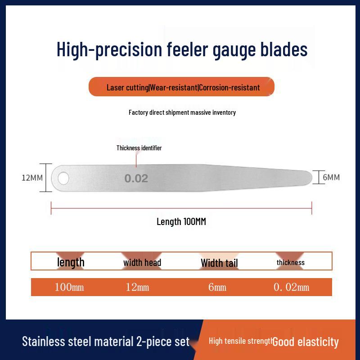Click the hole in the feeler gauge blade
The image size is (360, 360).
coord(63,178)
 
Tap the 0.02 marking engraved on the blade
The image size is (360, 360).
coord(136,179)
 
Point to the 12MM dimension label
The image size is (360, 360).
coord(32,177)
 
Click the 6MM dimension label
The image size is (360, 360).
coord(331,177)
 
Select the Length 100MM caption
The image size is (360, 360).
coord(181,221)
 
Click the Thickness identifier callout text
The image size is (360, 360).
coord(139,148)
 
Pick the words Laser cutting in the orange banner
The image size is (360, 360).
coord(127,87)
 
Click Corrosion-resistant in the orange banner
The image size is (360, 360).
coord(229,87)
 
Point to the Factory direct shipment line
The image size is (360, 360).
coord(182,112)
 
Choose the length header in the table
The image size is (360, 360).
coord(71,262)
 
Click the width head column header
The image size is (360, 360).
coord(142,262)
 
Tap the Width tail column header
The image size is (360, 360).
coord(219,263)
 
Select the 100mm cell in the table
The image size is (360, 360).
coord(69,287)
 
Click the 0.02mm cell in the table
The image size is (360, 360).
coord(291,287)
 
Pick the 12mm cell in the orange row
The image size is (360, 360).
coord(137,287)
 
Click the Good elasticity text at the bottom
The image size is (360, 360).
coord(306,342)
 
